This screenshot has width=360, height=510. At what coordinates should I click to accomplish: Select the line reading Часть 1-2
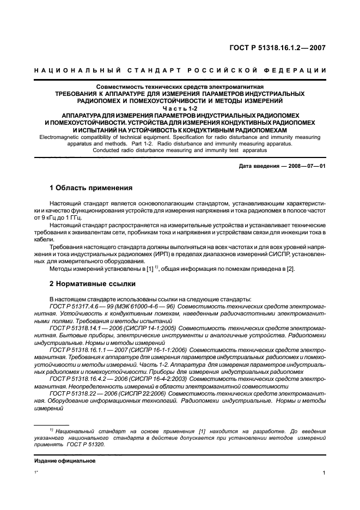pos(180,108)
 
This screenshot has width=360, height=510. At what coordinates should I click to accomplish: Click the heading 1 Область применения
pos(91,188)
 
